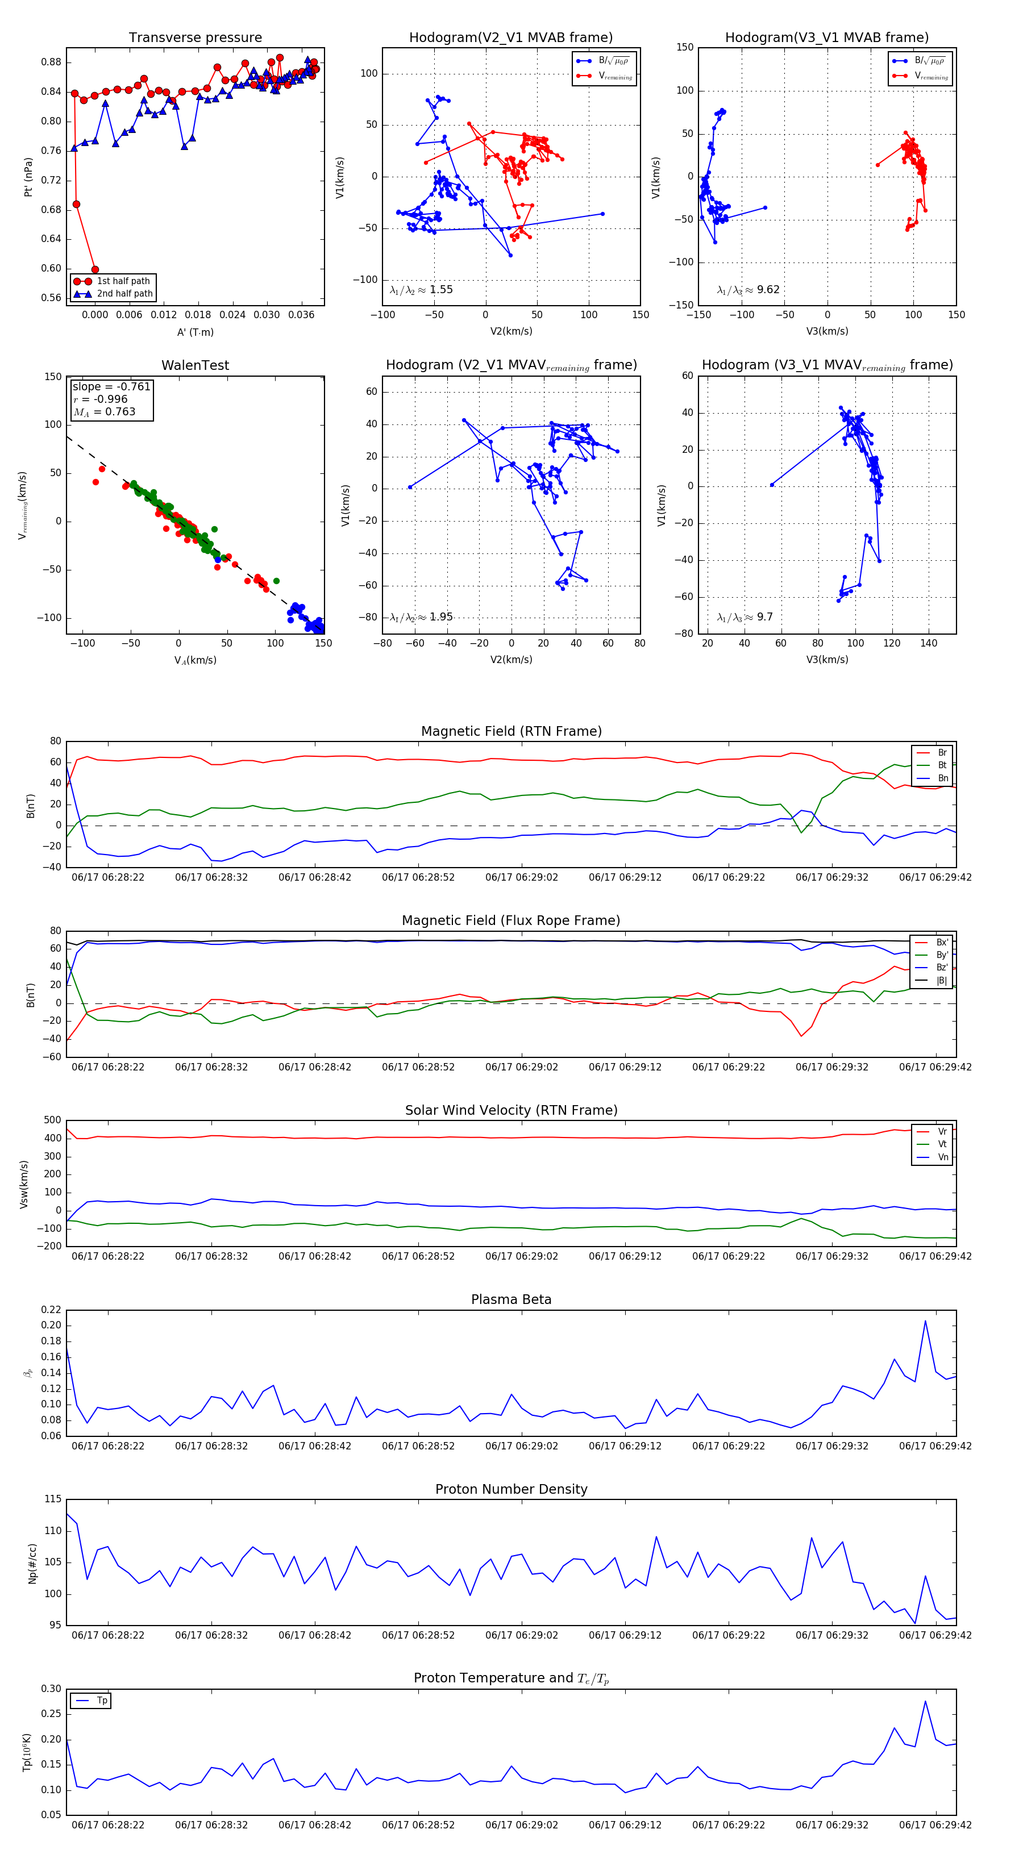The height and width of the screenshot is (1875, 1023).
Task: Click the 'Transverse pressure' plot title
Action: click(195, 38)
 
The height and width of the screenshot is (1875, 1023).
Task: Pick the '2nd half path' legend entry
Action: click(124, 294)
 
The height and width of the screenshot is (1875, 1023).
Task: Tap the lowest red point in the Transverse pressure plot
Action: click(95, 269)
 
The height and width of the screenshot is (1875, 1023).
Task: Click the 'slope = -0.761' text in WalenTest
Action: click(111, 386)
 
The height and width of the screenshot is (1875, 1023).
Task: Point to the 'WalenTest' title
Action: click(195, 365)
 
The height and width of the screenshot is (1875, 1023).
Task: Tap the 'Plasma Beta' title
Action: click(511, 1299)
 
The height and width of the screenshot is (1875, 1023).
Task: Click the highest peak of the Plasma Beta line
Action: click(925, 1320)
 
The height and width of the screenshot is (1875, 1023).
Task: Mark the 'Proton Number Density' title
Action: click(511, 1489)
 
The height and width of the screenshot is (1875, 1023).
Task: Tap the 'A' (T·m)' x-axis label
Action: click(195, 332)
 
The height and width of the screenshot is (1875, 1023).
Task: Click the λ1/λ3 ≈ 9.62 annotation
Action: click(748, 290)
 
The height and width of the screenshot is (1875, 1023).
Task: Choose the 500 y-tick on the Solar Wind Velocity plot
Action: click(52, 1120)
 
